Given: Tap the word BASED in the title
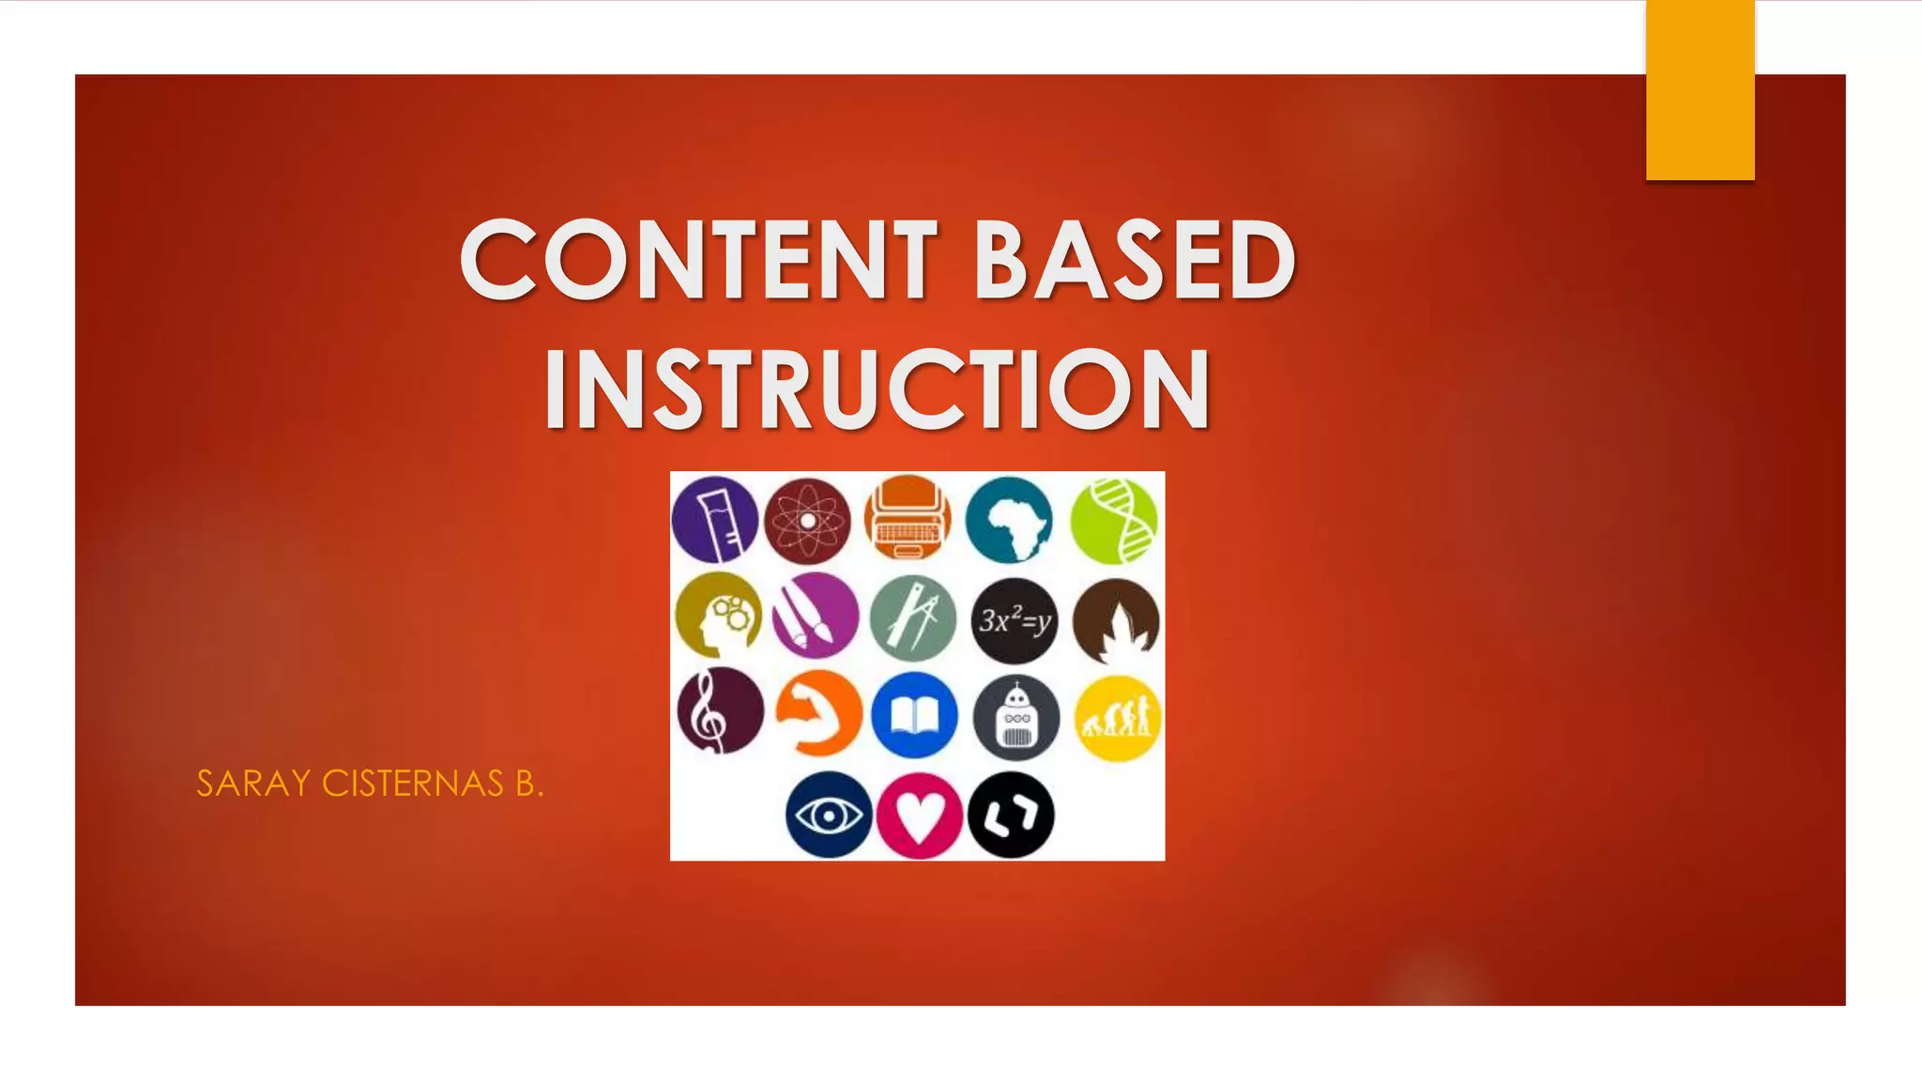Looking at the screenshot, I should (1135, 259).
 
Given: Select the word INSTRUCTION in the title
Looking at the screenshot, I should (877, 389).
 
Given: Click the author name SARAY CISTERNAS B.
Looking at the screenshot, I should (370, 784).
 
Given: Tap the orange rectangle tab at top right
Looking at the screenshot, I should (1700, 90).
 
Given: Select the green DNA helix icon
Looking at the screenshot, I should (1114, 521).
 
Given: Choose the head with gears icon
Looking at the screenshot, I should (718, 617).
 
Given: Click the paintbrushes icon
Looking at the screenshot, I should (815, 617).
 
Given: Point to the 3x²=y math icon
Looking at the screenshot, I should (1014, 620).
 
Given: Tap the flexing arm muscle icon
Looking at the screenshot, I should (818, 714).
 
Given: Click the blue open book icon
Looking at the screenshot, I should (914, 716).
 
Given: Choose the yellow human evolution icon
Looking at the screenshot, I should (1117, 718).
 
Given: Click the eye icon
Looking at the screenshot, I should (829, 815).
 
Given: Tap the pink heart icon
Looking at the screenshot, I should (919, 815).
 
